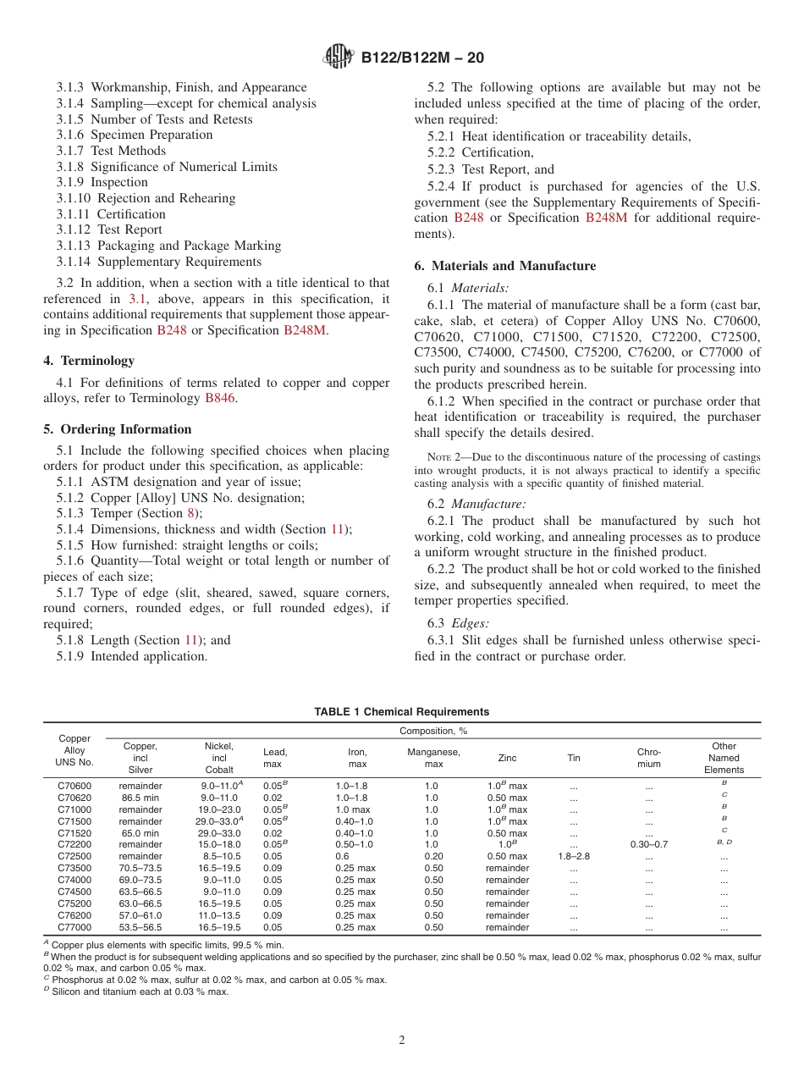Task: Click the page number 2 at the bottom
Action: tap(402, 1041)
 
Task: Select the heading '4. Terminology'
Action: tap(89, 361)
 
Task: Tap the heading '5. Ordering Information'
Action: tap(118, 429)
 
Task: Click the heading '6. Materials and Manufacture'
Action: tap(504, 266)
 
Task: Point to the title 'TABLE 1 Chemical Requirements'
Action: tap(401, 712)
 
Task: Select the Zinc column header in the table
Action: tap(507, 758)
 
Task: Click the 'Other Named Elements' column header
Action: tap(724, 758)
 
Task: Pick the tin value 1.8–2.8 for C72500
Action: tap(574, 856)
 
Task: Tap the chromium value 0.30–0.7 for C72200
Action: tap(648, 844)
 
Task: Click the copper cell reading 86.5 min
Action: tap(140, 798)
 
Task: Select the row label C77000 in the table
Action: tap(74, 927)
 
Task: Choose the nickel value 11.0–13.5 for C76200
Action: tap(219, 915)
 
